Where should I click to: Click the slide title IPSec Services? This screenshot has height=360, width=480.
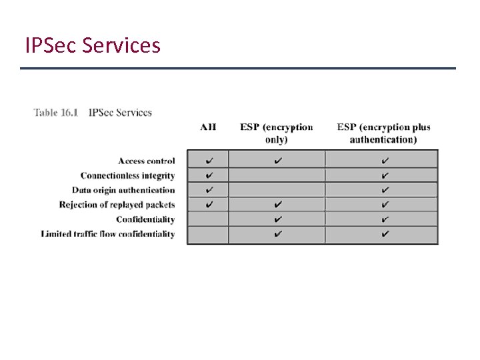(93, 45)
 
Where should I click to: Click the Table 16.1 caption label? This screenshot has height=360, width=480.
(56, 113)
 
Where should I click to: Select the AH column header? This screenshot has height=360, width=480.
(208, 127)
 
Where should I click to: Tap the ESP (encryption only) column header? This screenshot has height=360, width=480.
(277, 133)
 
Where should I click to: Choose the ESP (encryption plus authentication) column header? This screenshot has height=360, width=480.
(383, 133)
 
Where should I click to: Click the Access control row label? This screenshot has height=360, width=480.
(147, 161)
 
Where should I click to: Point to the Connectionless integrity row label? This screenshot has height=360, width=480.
(127, 175)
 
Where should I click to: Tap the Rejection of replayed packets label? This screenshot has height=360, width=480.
(117, 205)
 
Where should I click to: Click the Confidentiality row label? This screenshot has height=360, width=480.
(145, 219)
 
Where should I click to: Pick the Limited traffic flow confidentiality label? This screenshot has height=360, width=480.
(108, 234)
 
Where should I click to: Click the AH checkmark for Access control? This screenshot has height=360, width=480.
(209, 161)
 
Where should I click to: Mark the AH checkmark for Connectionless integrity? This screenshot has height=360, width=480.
(209, 175)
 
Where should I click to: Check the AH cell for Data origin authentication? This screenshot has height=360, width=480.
(209, 190)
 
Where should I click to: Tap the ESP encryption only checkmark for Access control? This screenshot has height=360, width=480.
(277, 161)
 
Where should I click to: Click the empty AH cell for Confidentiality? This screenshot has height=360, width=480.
(208, 219)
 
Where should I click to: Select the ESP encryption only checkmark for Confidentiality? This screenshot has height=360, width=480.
(277, 219)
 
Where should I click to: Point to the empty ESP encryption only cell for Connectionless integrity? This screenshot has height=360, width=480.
(277, 175)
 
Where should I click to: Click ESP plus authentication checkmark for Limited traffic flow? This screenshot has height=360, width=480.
(384, 234)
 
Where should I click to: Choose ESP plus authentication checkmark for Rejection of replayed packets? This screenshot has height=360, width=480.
(384, 205)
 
